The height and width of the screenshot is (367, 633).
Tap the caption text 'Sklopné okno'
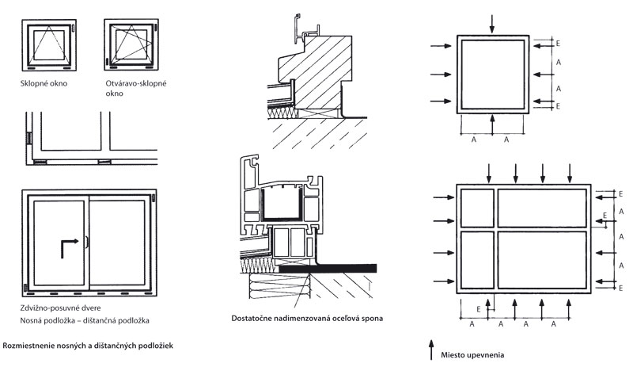[44, 82]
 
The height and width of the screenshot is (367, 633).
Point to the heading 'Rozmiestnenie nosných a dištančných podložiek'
[89, 346]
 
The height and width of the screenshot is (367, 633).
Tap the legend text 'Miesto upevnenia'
[472, 355]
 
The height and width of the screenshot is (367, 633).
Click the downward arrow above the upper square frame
[492, 23]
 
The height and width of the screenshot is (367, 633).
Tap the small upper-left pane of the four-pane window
[476, 208]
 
